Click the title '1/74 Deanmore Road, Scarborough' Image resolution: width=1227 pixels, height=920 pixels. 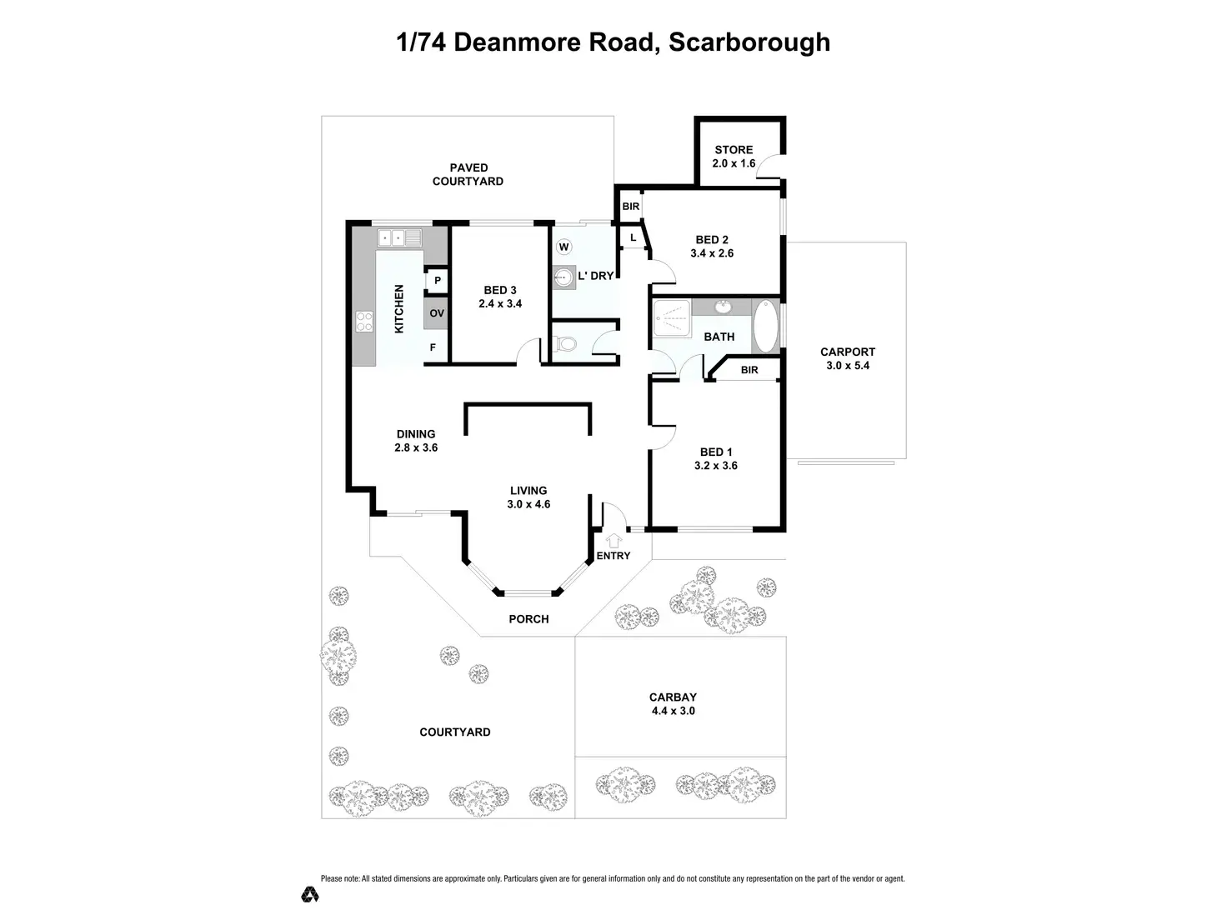(x=613, y=42)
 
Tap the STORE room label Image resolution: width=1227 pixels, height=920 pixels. (x=734, y=150)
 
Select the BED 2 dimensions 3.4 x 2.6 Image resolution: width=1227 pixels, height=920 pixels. (x=712, y=253)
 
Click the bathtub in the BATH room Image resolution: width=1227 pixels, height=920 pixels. (x=764, y=327)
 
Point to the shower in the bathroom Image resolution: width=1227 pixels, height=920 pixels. (x=672, y=317)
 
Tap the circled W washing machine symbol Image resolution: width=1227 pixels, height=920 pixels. (x=564, y=247)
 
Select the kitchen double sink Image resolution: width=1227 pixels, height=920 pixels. (x=401, y=237)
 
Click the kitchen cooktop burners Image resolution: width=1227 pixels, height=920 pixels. (x=364, y=322)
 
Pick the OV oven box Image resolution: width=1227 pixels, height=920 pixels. (x=437, y=314)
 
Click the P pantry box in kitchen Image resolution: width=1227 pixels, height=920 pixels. (x=437, y=282)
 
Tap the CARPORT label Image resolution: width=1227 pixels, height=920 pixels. (x=848, y=352)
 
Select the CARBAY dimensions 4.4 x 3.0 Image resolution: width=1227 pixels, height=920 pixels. (x=673, y=711)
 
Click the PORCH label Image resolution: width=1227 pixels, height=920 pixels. (x=528, y=619)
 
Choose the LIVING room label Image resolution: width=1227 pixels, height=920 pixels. (x=528, y=491)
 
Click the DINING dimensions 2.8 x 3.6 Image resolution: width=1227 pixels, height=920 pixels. (x=416, y=447)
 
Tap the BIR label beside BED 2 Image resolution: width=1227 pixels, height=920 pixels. (x=631, y=206)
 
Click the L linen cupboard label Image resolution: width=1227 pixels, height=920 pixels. (x=634, y=238)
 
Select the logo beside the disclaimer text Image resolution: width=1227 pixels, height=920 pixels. (x=310, y=894)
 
